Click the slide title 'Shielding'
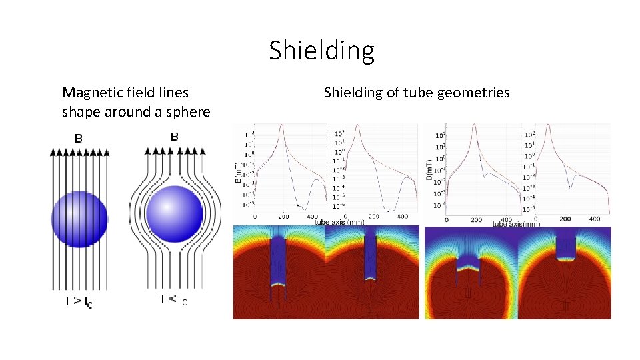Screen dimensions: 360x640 point(321,51)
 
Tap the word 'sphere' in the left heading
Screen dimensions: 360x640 point(191,112)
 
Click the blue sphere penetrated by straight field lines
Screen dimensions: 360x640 point(79,219)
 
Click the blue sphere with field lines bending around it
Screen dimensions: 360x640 point(174,214)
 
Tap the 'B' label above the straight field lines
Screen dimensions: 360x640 point(79,139)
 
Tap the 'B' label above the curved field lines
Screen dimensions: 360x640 point(174,136)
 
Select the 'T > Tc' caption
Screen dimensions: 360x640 point(79,302)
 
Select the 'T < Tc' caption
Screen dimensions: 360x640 point(173,299)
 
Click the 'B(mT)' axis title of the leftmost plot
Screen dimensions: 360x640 point(239,171)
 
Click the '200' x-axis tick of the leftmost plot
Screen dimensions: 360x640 point(283,217)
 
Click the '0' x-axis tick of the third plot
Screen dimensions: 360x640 point(447,219)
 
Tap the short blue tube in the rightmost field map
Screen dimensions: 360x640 point(565,248)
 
